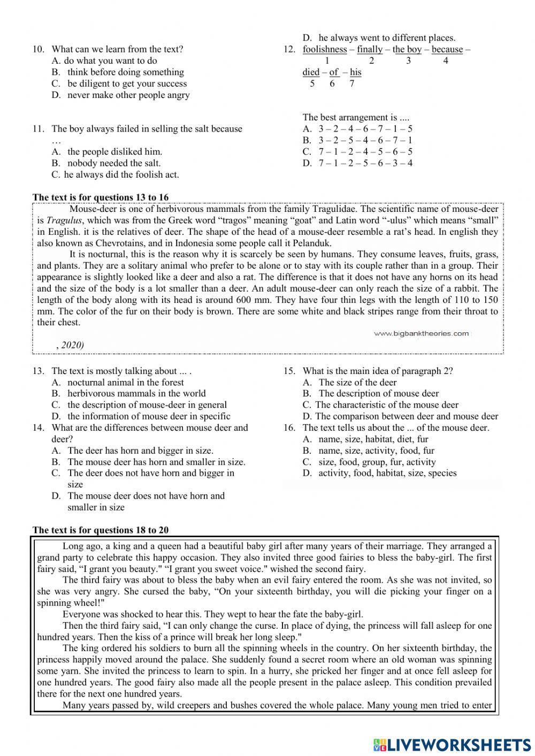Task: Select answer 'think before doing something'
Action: point(125,72)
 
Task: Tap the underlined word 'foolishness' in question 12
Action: point(324,49)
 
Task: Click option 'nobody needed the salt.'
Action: point(113,163)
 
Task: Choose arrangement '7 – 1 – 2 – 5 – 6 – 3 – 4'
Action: point(365,163)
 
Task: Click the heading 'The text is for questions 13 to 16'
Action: point(101,197)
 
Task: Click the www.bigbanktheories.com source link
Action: point(421,334)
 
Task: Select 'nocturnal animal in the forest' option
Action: point(125,383)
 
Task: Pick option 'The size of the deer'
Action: point(357,383)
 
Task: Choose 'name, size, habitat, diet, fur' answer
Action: point(373,439)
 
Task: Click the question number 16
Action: point(289,427)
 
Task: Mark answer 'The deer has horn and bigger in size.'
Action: point(140,450)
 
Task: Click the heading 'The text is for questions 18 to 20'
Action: point(101,530)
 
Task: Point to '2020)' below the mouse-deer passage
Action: point(73,345)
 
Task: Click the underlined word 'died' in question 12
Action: point(311,72)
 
